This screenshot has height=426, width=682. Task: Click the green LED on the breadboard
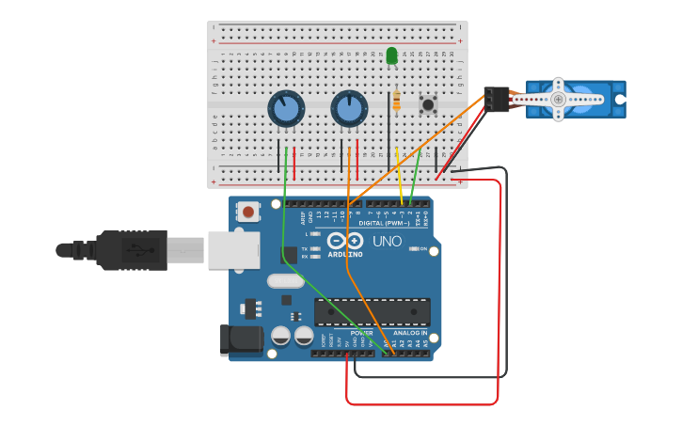391,56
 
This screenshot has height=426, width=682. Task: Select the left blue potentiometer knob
286,109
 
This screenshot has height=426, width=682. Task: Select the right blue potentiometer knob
349,109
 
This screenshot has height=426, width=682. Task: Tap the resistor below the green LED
397,101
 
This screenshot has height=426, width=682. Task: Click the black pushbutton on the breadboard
429,104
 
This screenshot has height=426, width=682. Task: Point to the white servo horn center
558,99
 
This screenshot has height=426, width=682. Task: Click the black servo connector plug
496,99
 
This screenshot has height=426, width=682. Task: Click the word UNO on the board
388,242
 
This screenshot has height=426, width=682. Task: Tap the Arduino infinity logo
344,241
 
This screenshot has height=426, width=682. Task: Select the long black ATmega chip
373,312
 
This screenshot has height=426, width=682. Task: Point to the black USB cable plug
132,250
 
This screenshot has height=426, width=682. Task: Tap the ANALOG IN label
410,333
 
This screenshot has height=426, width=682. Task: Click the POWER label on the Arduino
361,333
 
